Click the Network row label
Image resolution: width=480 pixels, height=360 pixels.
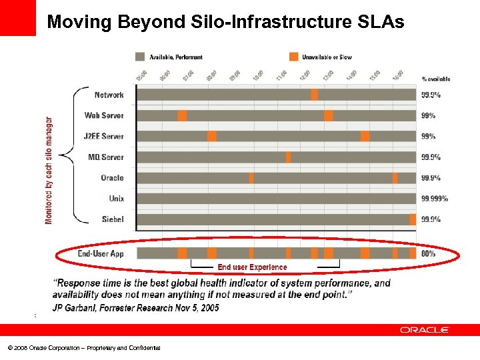tap(109, 95)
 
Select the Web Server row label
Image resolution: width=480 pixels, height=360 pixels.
tap(104, 116)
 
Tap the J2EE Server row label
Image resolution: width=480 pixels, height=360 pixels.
tap(103, 137)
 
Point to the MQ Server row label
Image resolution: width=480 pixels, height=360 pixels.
tap(106, 157)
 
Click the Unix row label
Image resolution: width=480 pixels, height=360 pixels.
tap(117, 199)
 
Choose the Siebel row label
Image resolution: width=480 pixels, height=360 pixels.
tap(113, 219)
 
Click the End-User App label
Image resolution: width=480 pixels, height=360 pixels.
tap(101, 253)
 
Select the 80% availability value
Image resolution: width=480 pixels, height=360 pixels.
tap(429, 253)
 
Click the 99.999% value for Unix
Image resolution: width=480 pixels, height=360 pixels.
tap(435, 199)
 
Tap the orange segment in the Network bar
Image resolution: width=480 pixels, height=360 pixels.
tap(314, 95)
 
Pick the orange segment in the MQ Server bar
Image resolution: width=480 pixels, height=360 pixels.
tap(288, 157)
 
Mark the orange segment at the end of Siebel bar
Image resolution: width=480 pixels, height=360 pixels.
tap(413, 219)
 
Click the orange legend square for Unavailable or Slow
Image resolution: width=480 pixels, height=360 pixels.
tap(293, 57)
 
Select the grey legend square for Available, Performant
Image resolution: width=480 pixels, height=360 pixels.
tap(139, 57)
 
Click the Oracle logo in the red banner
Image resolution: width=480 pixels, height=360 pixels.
tap(425, 329)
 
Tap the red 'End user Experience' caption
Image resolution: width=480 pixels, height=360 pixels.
tap(252, 267)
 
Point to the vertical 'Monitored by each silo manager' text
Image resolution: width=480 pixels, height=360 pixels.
tap(49, 171)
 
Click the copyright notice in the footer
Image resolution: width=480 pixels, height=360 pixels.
tap(84, 348)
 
